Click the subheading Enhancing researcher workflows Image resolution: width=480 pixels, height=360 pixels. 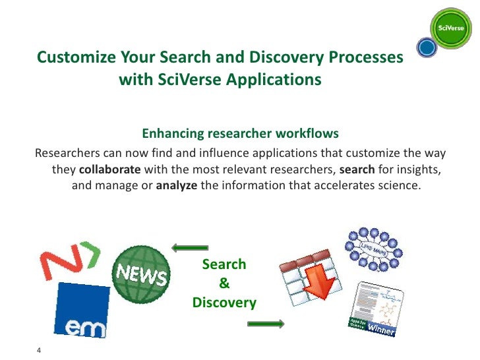pos(240,134)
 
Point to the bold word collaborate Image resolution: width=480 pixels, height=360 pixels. pos(110,169)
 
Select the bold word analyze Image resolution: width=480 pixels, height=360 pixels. pos(177,185)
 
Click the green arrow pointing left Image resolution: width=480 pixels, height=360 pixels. pos(189,248)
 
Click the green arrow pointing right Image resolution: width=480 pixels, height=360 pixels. pos(266,324)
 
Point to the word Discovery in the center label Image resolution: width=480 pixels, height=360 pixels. pos(224,303)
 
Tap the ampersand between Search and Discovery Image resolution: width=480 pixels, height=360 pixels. pos(224,284)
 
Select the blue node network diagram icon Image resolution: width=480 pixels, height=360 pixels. pos(374,248)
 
